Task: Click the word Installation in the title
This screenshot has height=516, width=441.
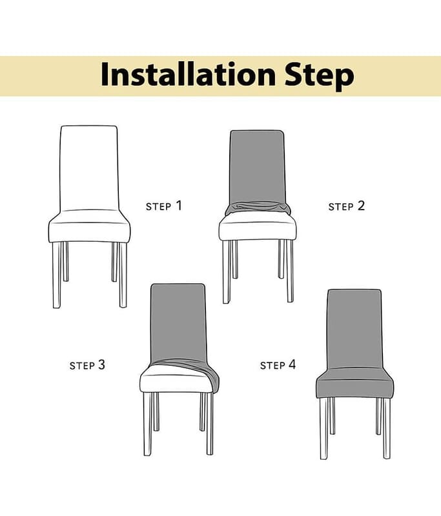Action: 188,74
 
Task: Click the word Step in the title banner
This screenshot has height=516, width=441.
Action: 320,76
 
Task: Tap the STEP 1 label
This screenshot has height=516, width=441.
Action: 164,206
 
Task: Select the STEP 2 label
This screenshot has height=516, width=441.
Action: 347,206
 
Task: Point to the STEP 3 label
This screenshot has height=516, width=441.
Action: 87,364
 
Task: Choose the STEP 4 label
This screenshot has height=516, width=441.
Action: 278,364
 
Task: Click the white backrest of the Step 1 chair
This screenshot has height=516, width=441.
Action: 89,168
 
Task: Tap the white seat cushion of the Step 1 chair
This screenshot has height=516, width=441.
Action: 89,227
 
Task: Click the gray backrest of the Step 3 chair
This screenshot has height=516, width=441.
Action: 178,322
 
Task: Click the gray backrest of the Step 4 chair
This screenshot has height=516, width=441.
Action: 354,329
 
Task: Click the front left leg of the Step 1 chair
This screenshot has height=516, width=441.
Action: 57,275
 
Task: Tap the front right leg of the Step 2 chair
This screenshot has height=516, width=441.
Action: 289,271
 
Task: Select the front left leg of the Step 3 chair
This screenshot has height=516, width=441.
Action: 148,424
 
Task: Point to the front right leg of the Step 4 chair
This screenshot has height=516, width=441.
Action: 387,428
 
